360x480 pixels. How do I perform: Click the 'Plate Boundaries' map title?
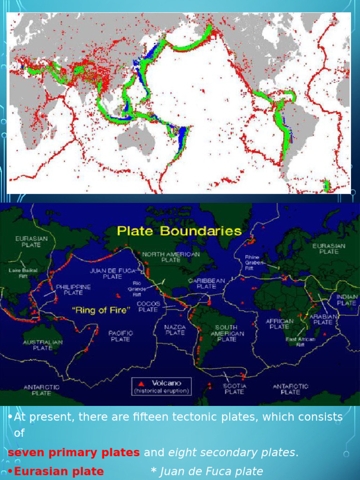coord(179,231)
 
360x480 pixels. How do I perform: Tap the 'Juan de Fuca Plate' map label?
coord(113,273)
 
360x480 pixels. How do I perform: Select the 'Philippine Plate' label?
coord(74,290)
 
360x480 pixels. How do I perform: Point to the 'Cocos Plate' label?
coord(148,307)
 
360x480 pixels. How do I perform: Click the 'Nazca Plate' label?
coord(175,330)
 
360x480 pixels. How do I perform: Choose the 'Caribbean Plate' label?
coord(207,283)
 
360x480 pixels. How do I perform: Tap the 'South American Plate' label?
coord(227,333)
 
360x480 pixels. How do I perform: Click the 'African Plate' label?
coord(279,324)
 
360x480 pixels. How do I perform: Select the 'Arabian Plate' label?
coord(323,319)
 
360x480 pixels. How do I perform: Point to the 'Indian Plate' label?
coord(346,300)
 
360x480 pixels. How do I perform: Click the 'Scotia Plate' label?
coord(233,389)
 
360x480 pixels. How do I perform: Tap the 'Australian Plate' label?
coord(43,345)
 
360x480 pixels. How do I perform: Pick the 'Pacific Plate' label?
coord(120,336)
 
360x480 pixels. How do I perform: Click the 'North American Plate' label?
coord(171,257)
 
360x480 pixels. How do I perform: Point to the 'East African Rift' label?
coord(300,341)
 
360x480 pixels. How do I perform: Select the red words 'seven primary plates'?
coord(74,453)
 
